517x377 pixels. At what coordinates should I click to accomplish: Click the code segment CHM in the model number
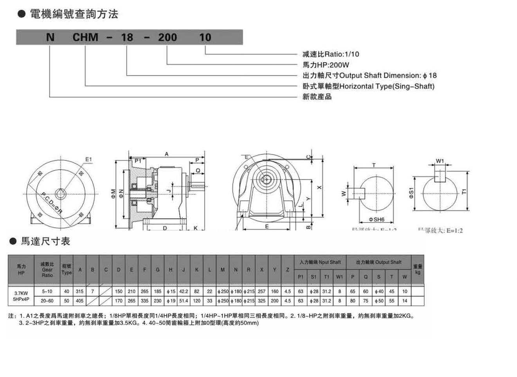(85, 37)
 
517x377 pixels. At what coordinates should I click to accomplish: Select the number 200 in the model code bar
(167, 37)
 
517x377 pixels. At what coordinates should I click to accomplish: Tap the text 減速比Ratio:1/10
(331, 54)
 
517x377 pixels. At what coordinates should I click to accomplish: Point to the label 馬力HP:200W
(326, 65)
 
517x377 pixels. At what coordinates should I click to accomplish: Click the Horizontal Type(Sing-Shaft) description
(368, 86)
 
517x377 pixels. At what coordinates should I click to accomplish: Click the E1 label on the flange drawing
(88, 159)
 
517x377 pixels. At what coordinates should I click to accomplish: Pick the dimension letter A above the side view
(166, 154)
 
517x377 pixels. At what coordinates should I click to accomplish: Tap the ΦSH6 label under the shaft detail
(376, 220)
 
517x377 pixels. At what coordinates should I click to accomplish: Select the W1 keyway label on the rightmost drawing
(440, 161)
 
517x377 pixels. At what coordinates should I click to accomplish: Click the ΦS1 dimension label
(411, 193)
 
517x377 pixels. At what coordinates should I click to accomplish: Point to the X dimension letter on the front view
(319, 188)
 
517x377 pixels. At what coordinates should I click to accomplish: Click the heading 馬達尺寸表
(45, 241)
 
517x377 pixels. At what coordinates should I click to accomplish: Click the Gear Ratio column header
(47, 270)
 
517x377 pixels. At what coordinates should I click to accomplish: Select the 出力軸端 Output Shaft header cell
(378, 262)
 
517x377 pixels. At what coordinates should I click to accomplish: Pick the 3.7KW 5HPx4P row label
(21, 296)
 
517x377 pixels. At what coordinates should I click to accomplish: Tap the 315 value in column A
(79, 292)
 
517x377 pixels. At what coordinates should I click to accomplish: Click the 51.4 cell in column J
(184, 301)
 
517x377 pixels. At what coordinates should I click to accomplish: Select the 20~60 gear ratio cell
(47, 301)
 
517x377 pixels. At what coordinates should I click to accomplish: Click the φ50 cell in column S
(378, 301)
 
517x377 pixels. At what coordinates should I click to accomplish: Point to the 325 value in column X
(261, 301)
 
